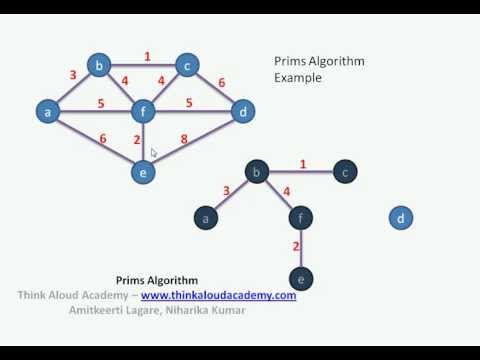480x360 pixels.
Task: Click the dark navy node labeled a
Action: [x=207, y=217]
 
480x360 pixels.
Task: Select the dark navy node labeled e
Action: [x=300, y=280]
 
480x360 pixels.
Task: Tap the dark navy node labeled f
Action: [x=300, y=217]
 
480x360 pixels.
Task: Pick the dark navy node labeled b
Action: [x=258, y=173]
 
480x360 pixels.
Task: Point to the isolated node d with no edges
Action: [x=401, y=217]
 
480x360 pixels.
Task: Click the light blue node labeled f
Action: [x=145, y=112]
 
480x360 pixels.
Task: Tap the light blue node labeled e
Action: [x=144, y=172]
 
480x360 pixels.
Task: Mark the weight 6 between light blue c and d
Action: [x=221, y=82]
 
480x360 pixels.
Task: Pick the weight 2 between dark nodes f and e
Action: [x=296, y=246]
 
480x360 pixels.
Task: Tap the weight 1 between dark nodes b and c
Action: [x=303, y=163]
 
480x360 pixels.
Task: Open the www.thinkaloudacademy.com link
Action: [x=218, y=296]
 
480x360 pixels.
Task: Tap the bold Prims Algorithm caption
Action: [x=157, y=281]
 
